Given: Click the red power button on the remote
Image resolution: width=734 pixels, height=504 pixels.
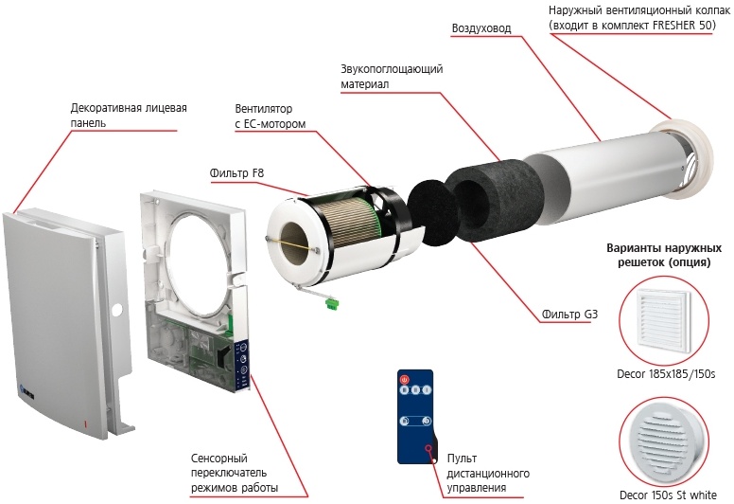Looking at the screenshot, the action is [x=404, y=379].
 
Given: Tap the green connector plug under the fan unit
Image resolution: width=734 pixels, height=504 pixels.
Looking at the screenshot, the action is [x=332, y=303].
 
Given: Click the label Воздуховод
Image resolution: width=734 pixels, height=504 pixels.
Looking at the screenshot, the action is [x=481, y=28].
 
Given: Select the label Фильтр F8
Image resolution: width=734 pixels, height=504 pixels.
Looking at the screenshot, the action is [x=236, y=173].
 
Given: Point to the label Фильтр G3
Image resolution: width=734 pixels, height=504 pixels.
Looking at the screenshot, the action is [x=569, y=315].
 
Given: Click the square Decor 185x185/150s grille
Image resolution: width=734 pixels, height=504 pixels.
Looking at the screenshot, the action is [x=663, y=321].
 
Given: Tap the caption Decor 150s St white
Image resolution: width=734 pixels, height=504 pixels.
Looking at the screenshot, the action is [x=668, y=495].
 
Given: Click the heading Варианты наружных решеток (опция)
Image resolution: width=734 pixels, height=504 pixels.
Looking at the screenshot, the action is [x=664, y=255].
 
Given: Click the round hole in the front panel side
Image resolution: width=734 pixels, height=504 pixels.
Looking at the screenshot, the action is [x=117, y=309].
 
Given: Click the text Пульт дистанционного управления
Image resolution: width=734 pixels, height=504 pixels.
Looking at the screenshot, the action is [x=488, y=473].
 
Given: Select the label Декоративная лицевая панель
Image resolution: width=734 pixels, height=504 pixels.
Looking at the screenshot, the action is [x=129, y=116].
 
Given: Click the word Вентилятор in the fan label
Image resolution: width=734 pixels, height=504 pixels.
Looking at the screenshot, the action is [x=264, y=109].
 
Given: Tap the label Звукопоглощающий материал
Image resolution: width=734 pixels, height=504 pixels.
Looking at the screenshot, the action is [x=392, y=77].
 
